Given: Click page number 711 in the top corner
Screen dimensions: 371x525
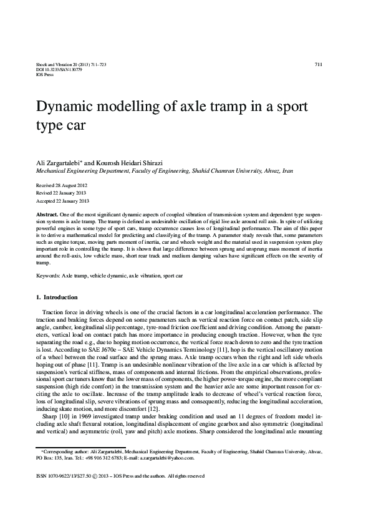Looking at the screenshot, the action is [319, 65].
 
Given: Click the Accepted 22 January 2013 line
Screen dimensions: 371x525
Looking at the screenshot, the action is [62, 201].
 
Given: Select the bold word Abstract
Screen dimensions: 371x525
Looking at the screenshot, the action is [47, 214].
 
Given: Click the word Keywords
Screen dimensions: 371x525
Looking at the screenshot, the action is [48, 274].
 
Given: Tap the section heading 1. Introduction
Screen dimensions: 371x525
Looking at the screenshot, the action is [57, 297].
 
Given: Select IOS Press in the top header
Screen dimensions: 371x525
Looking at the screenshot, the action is [44, 74].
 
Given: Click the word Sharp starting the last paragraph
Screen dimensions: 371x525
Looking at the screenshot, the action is [49, 415].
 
